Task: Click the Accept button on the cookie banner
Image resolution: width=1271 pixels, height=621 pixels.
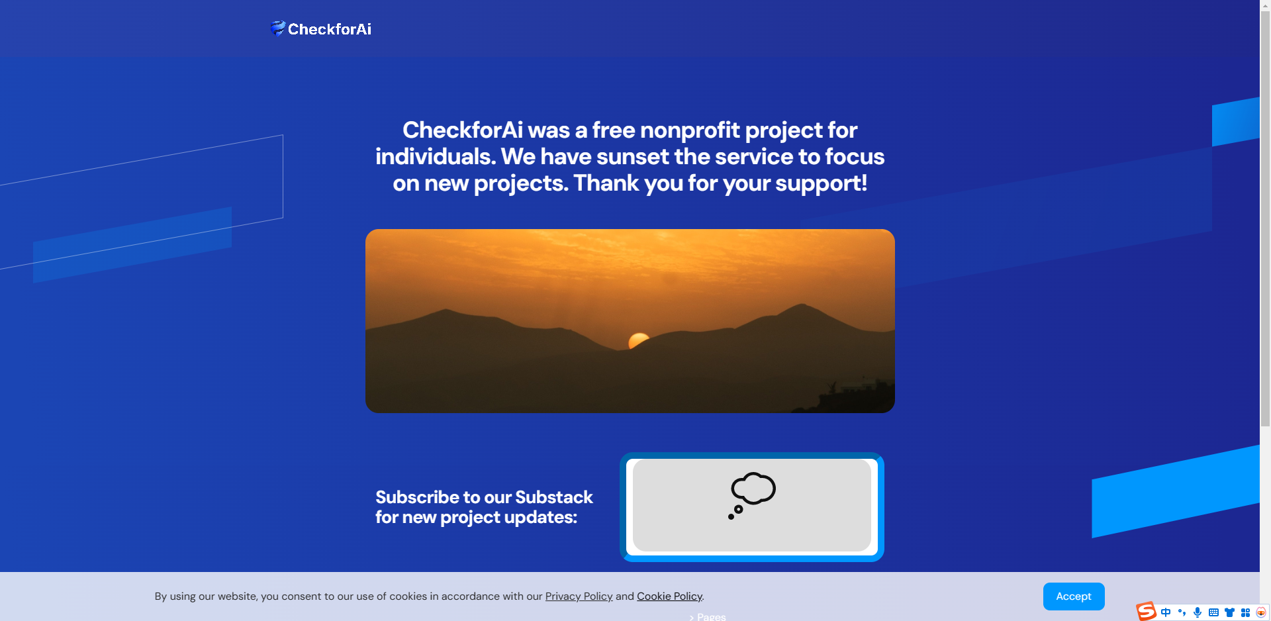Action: (1073, 597)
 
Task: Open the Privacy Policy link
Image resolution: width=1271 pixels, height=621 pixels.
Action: (579, 597)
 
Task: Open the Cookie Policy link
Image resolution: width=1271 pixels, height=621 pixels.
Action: (669, 597)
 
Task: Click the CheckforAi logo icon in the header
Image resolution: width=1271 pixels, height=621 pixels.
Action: (277, 28)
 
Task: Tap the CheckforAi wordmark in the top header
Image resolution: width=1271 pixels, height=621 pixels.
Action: (330, 29)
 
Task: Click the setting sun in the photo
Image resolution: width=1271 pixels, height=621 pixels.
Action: (638, 340)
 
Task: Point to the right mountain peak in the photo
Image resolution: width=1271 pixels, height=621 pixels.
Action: (802, 306)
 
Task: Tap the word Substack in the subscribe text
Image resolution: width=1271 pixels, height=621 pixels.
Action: (553, 497)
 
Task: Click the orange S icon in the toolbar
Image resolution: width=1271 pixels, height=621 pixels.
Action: (1146, 611)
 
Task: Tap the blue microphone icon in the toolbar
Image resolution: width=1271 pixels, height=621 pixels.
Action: (1198, 612)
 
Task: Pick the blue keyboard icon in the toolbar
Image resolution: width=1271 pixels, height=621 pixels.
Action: (1213, 612)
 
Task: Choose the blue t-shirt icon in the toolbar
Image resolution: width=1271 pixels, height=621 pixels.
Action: (1229, 612)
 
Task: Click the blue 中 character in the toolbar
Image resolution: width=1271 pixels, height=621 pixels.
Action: (1166, 612)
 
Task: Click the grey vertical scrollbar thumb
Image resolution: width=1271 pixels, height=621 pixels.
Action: (1265, 218)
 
